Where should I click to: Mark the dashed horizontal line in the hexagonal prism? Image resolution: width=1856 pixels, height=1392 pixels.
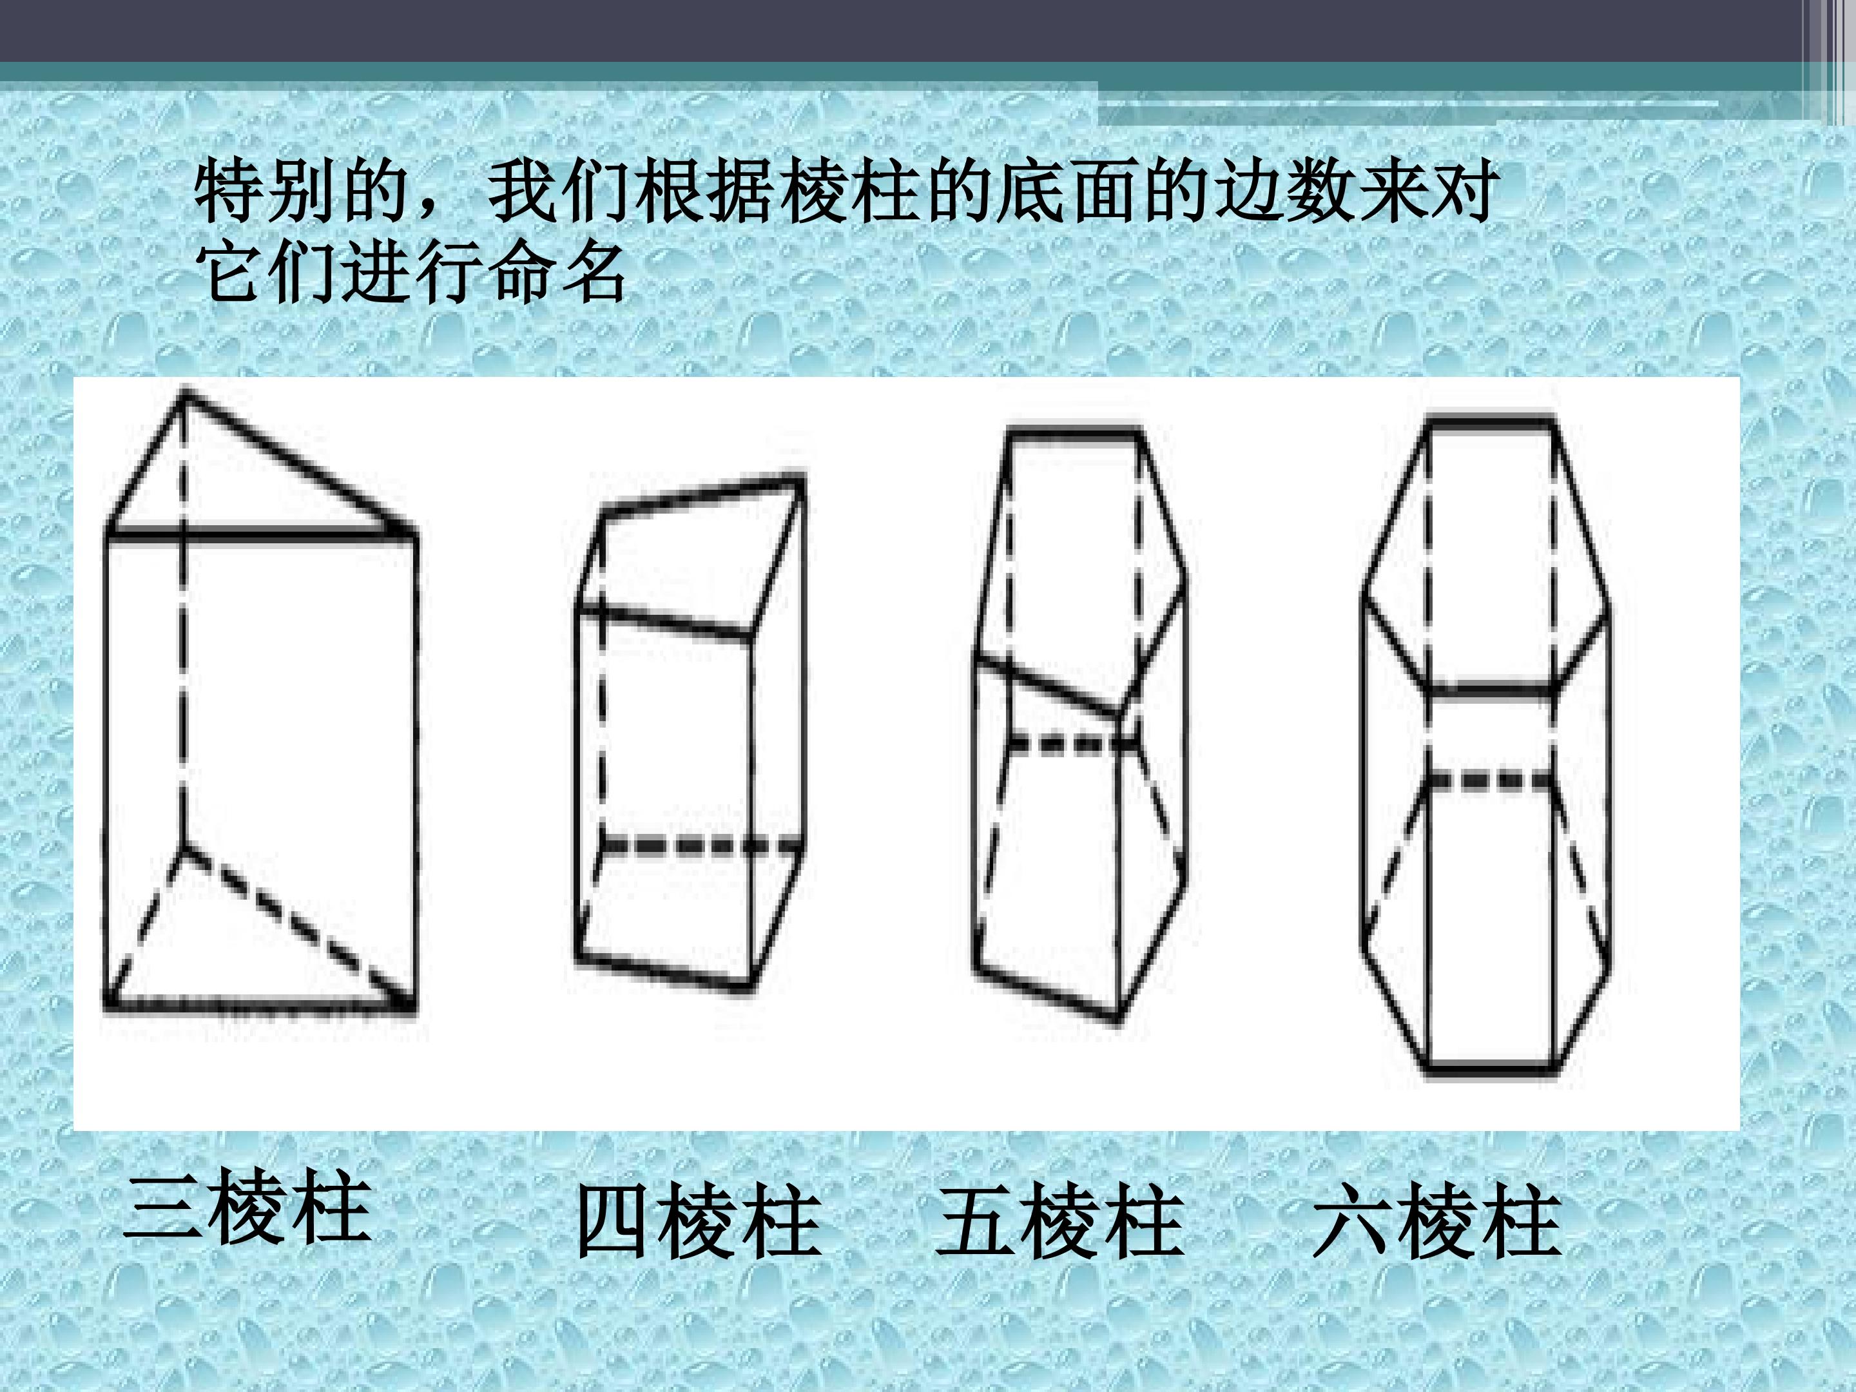click(x=1490, y=781)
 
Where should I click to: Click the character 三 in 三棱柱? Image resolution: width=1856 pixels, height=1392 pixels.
click(x=163, y=1208)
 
